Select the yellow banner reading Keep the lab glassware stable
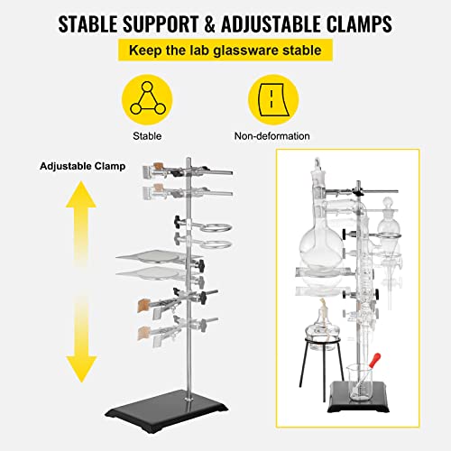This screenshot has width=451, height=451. coord(225,51)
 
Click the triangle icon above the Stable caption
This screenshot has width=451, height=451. coord(147,97)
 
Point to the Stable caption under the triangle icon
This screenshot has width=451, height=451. coord(147,136)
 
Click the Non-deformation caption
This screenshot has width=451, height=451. coord(272,136)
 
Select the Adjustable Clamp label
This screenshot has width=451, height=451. coord(82,167)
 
